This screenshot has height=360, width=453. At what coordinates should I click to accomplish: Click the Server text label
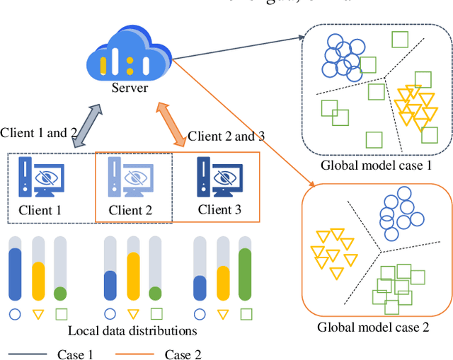[x=130, y=88]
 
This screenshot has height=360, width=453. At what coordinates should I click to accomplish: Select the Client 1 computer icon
[x=42, y=178]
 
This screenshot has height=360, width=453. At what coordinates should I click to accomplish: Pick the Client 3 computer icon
[x=219, y=178]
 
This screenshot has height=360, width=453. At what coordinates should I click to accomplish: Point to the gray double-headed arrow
[x=86, y=125]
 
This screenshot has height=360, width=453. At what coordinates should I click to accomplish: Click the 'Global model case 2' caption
[x=373, y=327]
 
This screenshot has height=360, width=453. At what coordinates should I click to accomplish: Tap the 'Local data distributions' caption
[x=132, y=330]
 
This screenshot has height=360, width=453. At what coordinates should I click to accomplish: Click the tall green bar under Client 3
[x=245, y=275]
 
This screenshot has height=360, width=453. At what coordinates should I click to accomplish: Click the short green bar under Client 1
[x=60, y=294]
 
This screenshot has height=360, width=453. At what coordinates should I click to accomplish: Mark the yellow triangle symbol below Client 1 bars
[x=38, y=314]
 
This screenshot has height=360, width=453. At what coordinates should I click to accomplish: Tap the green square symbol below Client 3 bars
[x=245, y=314]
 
